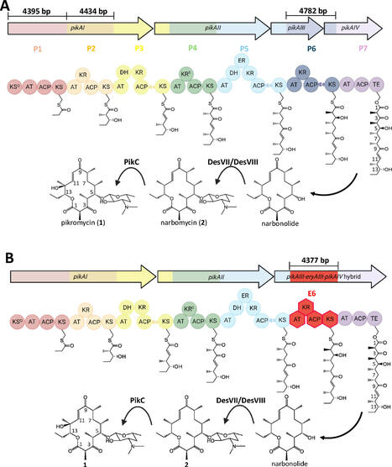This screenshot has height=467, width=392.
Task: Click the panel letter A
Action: [7, 7]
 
